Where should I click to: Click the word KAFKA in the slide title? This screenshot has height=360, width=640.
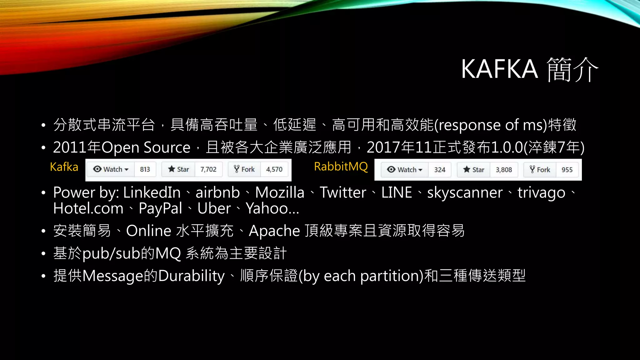[499, 69]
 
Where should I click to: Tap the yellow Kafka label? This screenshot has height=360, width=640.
[64, 167]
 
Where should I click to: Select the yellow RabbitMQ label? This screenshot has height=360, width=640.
[341, 167]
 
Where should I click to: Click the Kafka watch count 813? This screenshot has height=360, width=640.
[145, 169]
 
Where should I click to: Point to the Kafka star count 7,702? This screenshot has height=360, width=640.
[208, 169]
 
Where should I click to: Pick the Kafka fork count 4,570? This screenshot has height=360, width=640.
[274, 169]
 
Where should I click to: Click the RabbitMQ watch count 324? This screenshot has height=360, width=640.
[439, 170]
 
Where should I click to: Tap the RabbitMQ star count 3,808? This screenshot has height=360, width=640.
[504, 170]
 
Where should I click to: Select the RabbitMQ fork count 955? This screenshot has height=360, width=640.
[567, 170]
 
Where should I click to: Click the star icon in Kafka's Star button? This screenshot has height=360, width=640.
[172, 169]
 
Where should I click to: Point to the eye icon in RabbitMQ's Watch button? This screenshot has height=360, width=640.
[391, 169]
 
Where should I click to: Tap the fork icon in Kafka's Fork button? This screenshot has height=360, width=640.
[237, 169]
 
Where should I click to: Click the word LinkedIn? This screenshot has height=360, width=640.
[152, 192]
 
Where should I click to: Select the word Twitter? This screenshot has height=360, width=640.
[343, 192]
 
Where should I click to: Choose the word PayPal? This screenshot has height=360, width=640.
[160, 208]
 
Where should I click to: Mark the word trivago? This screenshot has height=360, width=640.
[541, 192]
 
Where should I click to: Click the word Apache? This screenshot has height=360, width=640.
[274, 231]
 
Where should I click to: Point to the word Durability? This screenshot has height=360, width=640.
[191, 276]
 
